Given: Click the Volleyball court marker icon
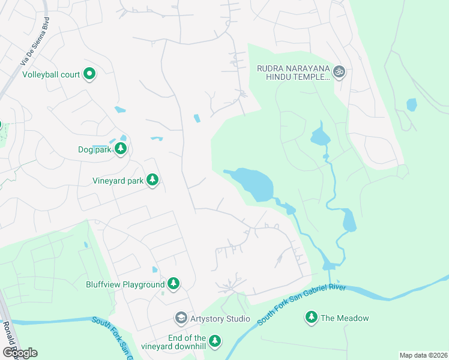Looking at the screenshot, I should click(89, 74).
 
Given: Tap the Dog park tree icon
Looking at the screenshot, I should click(121, 148).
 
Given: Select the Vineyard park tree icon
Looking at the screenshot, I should click(152, 179).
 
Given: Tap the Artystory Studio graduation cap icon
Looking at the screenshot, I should click(181, 317).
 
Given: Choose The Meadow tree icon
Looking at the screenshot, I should click(311, 317).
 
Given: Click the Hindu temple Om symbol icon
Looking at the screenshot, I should click(339, 71).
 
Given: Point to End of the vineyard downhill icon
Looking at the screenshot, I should click(214, 341).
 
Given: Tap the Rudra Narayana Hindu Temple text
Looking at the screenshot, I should click(294, 73).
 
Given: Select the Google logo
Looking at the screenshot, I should click(20, 352).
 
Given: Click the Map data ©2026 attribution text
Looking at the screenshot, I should click(423, 355).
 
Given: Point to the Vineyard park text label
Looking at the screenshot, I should click(117, 180).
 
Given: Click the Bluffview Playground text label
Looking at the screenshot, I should click(125, 284).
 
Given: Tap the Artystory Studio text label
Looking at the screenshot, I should click(220, 319).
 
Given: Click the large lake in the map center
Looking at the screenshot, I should click(252, 183).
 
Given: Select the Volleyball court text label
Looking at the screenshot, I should click(51, 75).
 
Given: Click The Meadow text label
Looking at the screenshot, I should click(345, 318).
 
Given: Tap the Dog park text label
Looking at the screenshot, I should click(95, 149).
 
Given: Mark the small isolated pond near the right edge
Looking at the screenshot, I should click(411, 105).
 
